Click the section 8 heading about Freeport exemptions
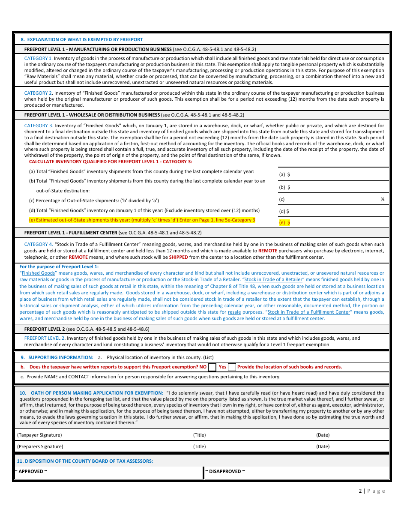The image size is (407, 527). pyautogui.click(x=81, y=39)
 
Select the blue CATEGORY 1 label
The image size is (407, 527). pyautogui.click(x=38, y=58)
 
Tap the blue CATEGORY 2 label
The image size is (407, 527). pyautogui.click(x=38, y=93)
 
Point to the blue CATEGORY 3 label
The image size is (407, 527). pyautogui.click(x=38, y=126)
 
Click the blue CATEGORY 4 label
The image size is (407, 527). pyautogui.click(x=38, y=244)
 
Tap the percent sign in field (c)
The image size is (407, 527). pyautogui.click(x=383, y=199)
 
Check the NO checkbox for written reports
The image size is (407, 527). pyautogui.click(x=212, y=367)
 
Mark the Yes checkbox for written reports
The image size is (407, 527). pyautogui.click(x=232, y=367)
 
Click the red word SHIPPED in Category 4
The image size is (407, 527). pyautogui.click(x=178, y=257)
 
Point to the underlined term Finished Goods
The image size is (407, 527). pyautogui.click(x=38, y=273)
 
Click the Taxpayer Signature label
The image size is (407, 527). pyautogui.click(x=39, y=435)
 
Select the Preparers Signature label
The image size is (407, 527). pyautogui.click(x=40, y=446)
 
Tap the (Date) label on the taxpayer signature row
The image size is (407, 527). pyautogui.click(x=323, y=435)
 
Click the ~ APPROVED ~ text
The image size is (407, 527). pyautogui.click(x=31, y=471)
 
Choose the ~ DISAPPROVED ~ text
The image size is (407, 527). pyautogui.click(x=225, y=471)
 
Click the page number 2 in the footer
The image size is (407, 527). pyautogui.click(x=360, y=491)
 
